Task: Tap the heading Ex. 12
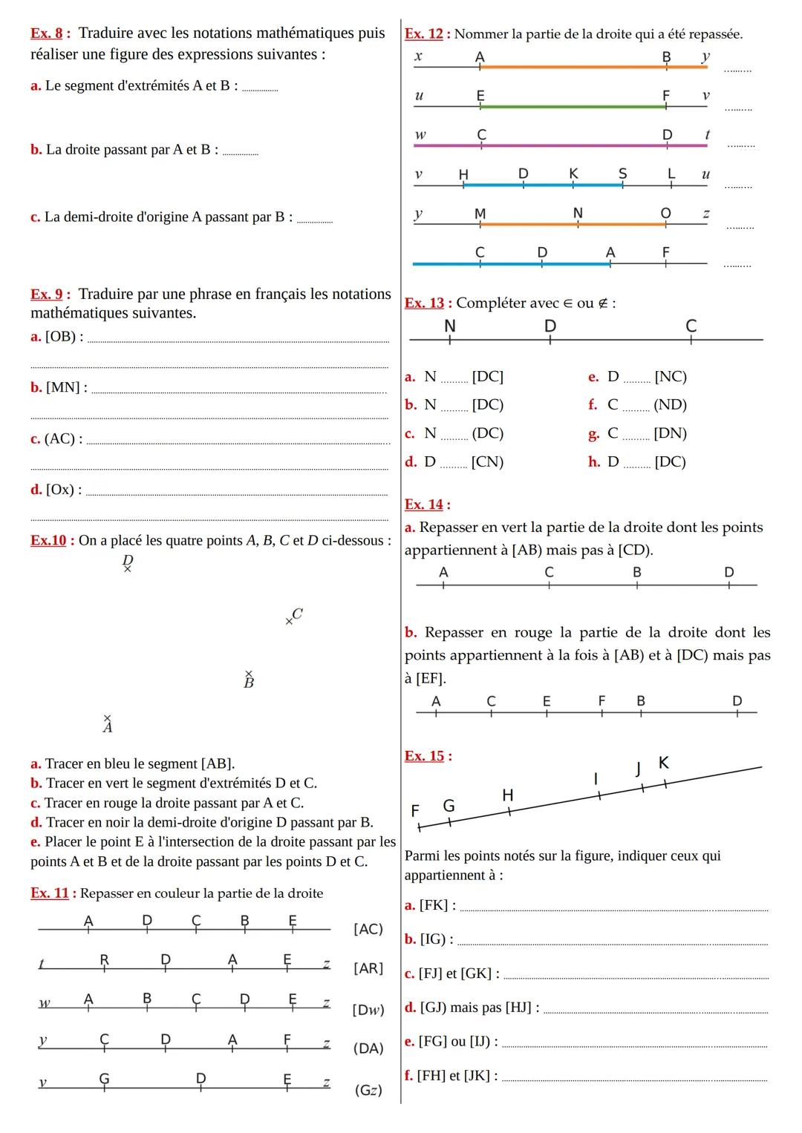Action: (x=423, y=34)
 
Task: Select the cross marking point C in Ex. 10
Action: (x=289, y=621)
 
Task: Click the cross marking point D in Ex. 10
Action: (x=127, y=569)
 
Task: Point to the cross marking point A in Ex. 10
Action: (x=107, y=717)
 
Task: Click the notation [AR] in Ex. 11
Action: (x=368, y=968)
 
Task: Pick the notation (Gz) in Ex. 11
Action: (x=368, y=1090)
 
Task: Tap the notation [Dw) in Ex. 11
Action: (x=368, y=1009)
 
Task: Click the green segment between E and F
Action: (x=572, y=107)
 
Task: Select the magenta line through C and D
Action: (x=572, y=145)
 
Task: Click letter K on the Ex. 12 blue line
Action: (x=573, y=173)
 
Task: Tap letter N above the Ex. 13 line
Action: (x=449, y=326)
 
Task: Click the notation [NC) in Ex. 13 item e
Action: (x=671, y=377)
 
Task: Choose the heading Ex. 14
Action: (x=424, y=505)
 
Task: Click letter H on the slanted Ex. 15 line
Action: (x=508, y=795)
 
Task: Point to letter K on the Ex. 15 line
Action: (x=663, y=762)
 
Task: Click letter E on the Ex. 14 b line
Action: (x=547, y=700)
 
